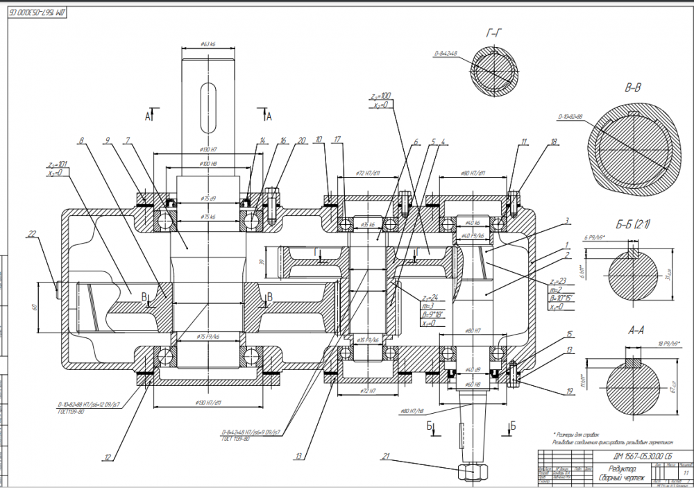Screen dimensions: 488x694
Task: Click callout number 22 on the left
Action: point(51,235)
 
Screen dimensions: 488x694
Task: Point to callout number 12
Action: point(108,457)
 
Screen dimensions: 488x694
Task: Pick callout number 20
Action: point(301,140)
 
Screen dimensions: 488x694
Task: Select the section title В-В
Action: point(632,88)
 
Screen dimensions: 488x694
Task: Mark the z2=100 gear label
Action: point(381,95)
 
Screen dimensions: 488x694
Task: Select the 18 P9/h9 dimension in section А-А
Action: point(634,344)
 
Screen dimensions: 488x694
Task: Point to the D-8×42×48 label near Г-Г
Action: point(446,53)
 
